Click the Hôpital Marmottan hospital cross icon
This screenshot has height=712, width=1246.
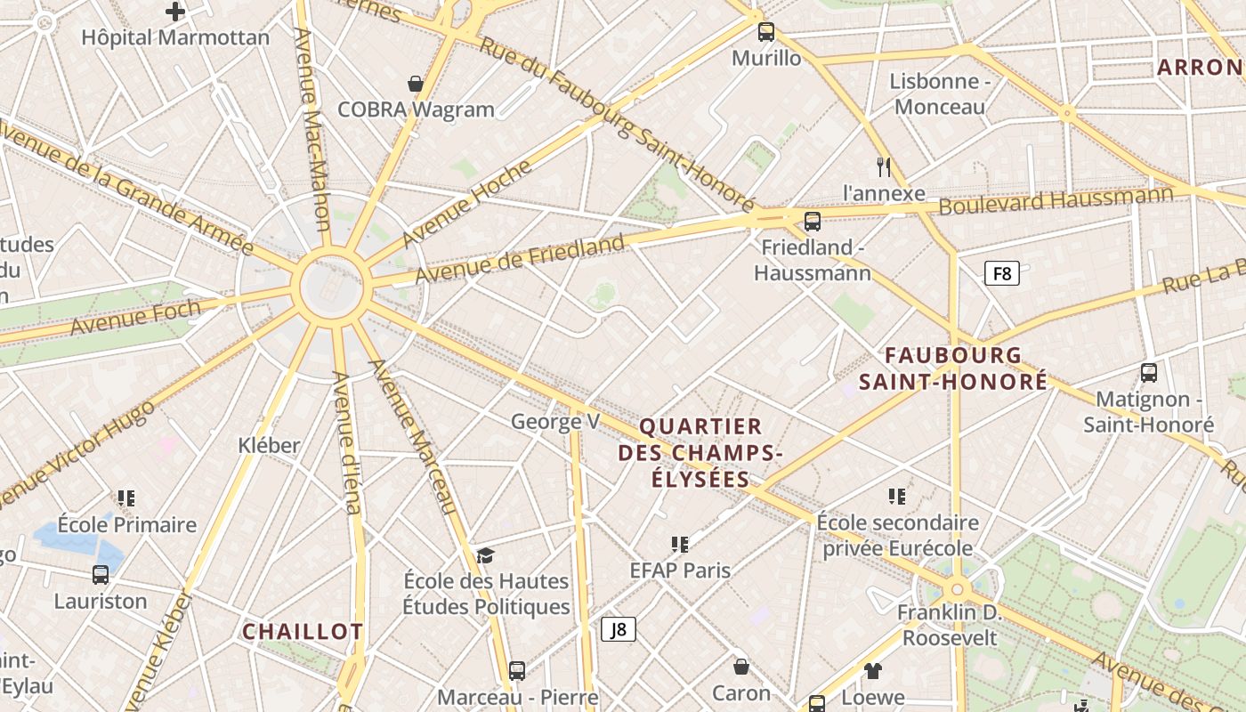tap(175, 12)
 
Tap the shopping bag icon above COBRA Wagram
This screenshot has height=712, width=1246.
tap(415, 84)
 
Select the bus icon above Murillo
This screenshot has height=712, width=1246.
tap(766, 32)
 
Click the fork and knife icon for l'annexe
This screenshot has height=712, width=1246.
tap(884, 166)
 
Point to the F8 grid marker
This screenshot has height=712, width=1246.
tap(1002, 273)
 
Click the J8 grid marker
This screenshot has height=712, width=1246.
tap(619, 629)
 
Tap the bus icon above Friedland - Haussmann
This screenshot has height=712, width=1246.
tap(812, 222)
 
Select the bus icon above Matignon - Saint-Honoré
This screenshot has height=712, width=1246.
tap(1149, 373)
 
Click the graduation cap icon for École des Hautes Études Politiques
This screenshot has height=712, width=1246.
tap(485, 555)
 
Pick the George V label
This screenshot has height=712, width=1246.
tap(555, 421)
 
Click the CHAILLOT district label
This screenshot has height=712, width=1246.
tap(303, 632)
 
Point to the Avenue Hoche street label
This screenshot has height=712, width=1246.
tap(466, 204)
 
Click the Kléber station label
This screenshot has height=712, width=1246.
tap(269, 445)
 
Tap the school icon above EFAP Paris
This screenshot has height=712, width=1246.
tap(680, 544)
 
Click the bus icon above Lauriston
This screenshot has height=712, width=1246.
tap(101, 575)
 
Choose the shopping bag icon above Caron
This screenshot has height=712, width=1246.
tap(741, 667)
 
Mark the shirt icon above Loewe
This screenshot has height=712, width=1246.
tap(872, 671)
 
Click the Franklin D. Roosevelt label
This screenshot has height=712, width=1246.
tap(950, 626)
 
